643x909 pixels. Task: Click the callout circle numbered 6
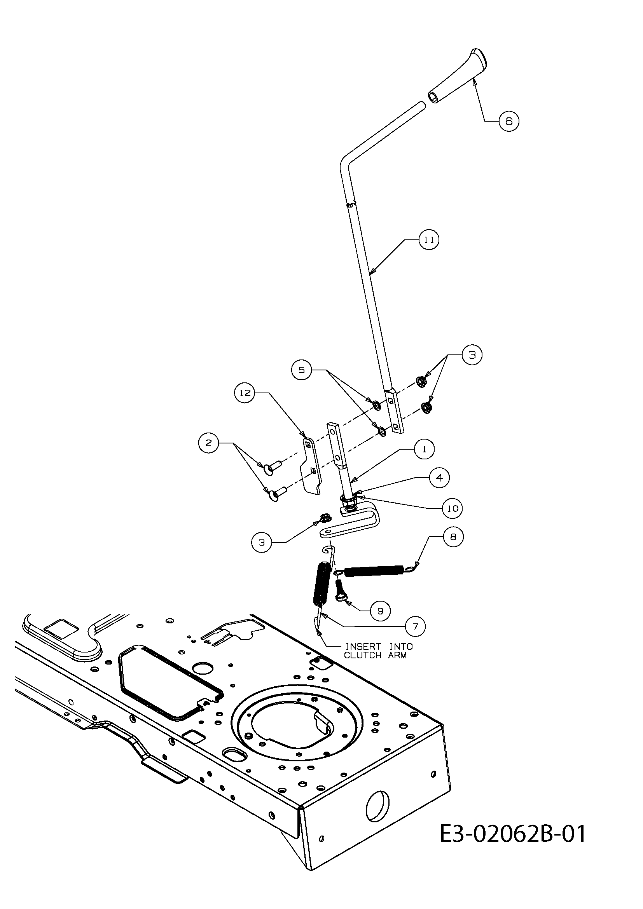pos(509,121)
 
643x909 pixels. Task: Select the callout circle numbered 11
pos(429,239)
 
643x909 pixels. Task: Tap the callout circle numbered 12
pos(245,393)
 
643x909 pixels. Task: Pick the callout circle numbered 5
pos(302,370)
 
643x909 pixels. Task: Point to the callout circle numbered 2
pos(209,443)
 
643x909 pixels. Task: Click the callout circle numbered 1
pos(425,449)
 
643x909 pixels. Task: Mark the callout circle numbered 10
pos(453,508)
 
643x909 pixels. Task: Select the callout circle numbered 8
pos(453,537)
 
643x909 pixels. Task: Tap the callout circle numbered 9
pos(380,611)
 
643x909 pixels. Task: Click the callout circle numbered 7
pos(415,627)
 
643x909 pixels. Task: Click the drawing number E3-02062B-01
pos(513,834)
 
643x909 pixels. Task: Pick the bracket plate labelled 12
pos(313,466)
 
